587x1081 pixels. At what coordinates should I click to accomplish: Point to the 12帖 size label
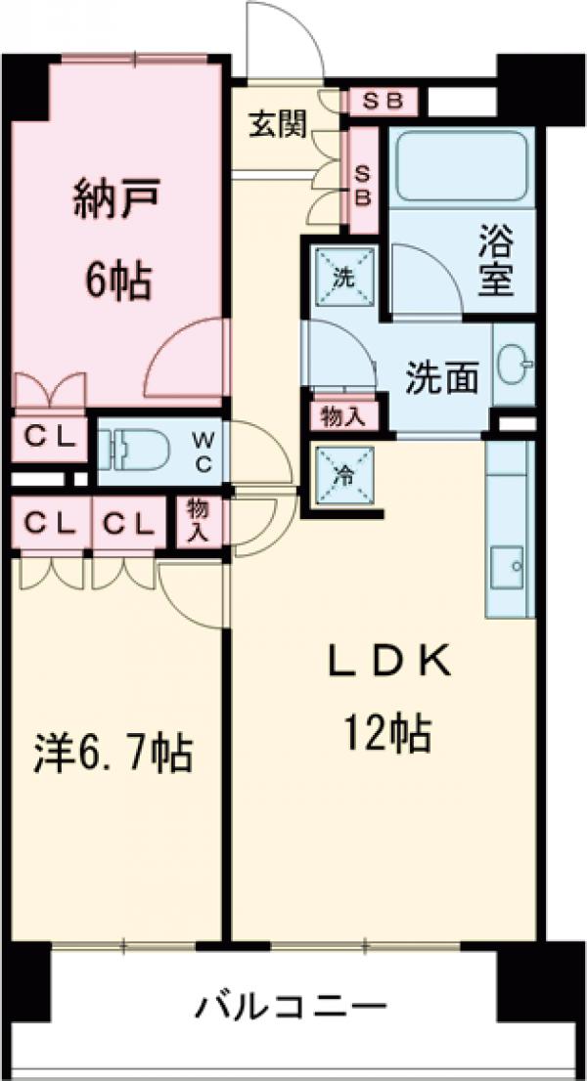(386, 732)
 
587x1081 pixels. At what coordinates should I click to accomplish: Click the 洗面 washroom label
(442, 377)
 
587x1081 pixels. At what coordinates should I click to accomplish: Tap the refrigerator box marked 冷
(343, 478)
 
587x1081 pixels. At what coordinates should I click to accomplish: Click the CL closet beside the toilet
(48, 438)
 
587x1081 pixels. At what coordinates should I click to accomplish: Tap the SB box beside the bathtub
(361, 185)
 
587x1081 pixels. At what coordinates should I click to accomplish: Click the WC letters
(203, 451)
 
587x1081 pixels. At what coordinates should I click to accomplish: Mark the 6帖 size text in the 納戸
(115, 281)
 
